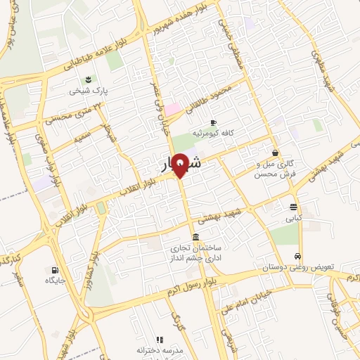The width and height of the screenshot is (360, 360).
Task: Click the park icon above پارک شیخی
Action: tap(89, 79)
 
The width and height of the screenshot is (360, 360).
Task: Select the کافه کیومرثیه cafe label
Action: tap(213, 133)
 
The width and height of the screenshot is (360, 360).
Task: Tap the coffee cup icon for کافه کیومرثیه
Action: tap(213, 122)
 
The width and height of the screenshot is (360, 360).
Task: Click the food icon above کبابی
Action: tap(292, 207)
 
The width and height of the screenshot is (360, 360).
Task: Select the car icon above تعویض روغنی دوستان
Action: tap(299, 256)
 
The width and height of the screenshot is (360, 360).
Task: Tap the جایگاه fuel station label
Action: tap(55, 281)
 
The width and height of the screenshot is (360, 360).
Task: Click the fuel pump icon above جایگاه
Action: tap(55, 269)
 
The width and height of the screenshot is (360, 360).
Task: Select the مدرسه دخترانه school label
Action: tap(160, 349)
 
